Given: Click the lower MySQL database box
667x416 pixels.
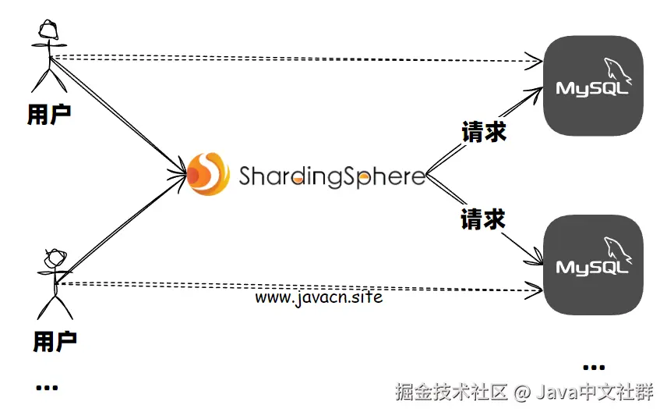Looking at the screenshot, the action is coord(594,265).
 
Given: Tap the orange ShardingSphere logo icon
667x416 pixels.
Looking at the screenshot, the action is coord(208,174).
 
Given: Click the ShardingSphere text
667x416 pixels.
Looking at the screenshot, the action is coord(332,176).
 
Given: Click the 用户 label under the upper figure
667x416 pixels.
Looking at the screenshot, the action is coord(49,115).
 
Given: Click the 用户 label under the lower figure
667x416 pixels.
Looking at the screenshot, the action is coord(55,341).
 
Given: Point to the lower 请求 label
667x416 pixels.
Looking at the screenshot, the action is coord(483,219).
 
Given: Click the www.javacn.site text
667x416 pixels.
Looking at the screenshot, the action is coord(319,297).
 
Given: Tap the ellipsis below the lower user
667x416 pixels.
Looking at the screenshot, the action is coord(47,387).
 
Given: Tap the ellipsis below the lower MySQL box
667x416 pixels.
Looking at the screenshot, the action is coord(593,367).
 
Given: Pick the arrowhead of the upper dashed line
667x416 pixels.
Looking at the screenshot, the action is coord(535,60).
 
